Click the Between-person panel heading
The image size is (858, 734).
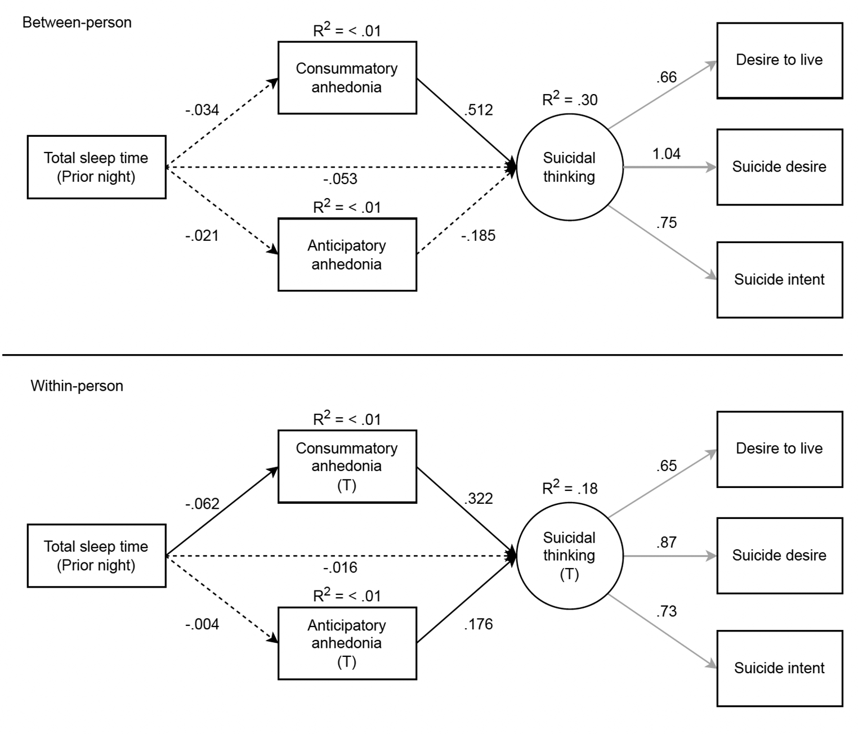[x=77, y=23]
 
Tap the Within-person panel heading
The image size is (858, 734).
[x=77, y=386]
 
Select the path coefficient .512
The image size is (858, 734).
[x=478, y=110]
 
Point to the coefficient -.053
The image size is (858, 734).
[x=340, y=179]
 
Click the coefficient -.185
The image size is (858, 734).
[x=478, y=236]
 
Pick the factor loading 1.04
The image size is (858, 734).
[x=666, y=154]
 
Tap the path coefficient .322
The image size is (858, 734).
[x=478, y=498]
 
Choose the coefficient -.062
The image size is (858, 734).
[x=202, y=504]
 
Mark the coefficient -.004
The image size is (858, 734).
[x=202, y=624]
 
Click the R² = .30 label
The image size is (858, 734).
[x=570, y=99]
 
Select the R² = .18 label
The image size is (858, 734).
[x=570, y=487]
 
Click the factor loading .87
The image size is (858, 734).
[x=666, y=542]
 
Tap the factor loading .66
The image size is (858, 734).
[x=666, y=77]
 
